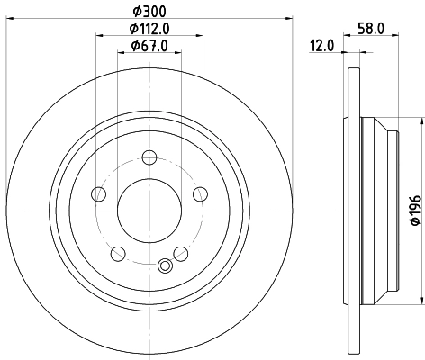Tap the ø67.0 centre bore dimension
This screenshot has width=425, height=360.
149,45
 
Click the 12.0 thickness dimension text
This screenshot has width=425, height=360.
323,45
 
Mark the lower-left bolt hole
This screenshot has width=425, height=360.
118,254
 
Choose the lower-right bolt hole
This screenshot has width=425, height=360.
181,254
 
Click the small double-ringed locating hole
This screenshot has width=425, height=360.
164,265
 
